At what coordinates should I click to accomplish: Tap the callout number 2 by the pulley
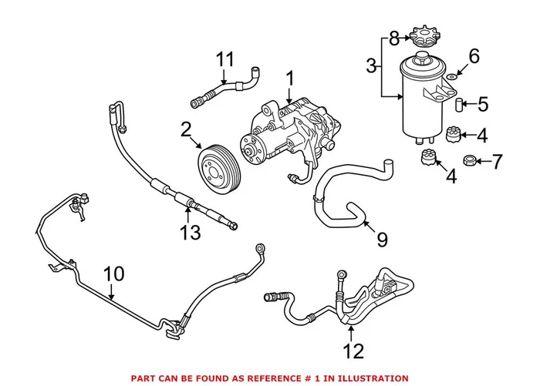click(x=187, y=129)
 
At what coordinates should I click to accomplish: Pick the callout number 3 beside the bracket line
click(x=373, y=67)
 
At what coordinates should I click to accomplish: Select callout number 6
click(x=474, y=55)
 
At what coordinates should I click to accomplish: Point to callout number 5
click(x=483, y=102)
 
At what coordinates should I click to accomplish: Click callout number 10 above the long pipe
click(x=113, y=273)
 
